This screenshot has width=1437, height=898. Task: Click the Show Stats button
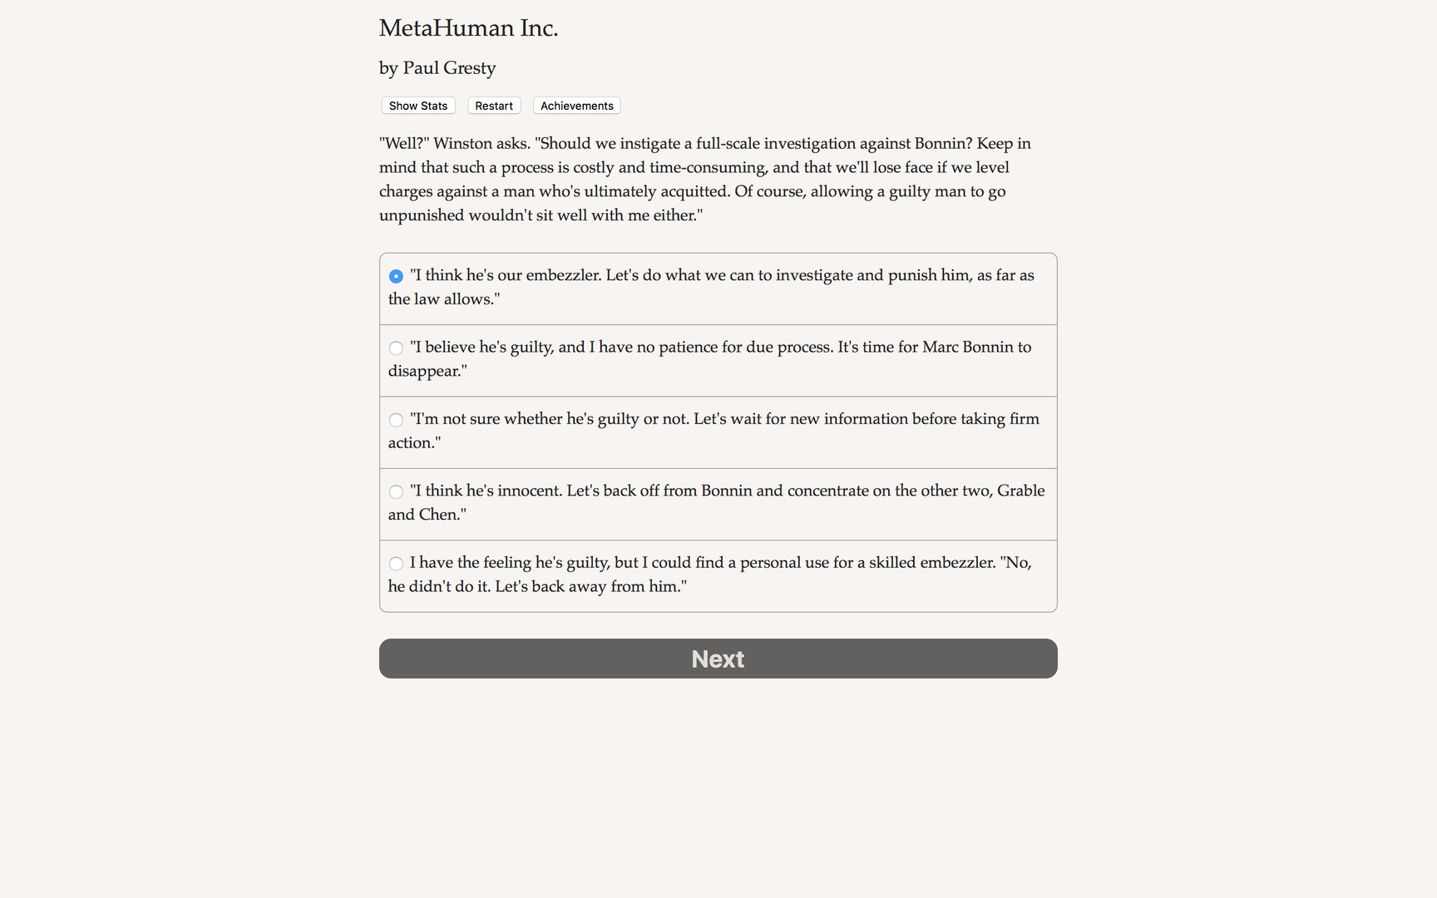[x=417, y=106]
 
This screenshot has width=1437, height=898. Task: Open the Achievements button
[x=576, y=106]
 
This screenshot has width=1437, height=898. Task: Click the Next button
[x=718, y=659]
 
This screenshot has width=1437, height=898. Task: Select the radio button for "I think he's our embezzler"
[x=396, y=276]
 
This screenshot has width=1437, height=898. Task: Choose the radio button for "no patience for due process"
[x=396, y=348]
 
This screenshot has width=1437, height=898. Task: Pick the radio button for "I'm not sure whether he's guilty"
[x=396, y=420]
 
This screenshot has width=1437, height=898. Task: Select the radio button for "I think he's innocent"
[x=396, y=492]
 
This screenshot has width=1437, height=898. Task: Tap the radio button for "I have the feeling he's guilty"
[x=396, y=564]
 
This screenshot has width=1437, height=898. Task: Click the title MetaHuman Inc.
[x=468, y=28]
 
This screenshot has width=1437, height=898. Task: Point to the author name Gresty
[x=469, y=68]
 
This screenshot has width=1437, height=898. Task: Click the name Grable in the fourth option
[x=1020, y=491]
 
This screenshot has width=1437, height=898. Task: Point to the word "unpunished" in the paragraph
[x=421, y=215]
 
